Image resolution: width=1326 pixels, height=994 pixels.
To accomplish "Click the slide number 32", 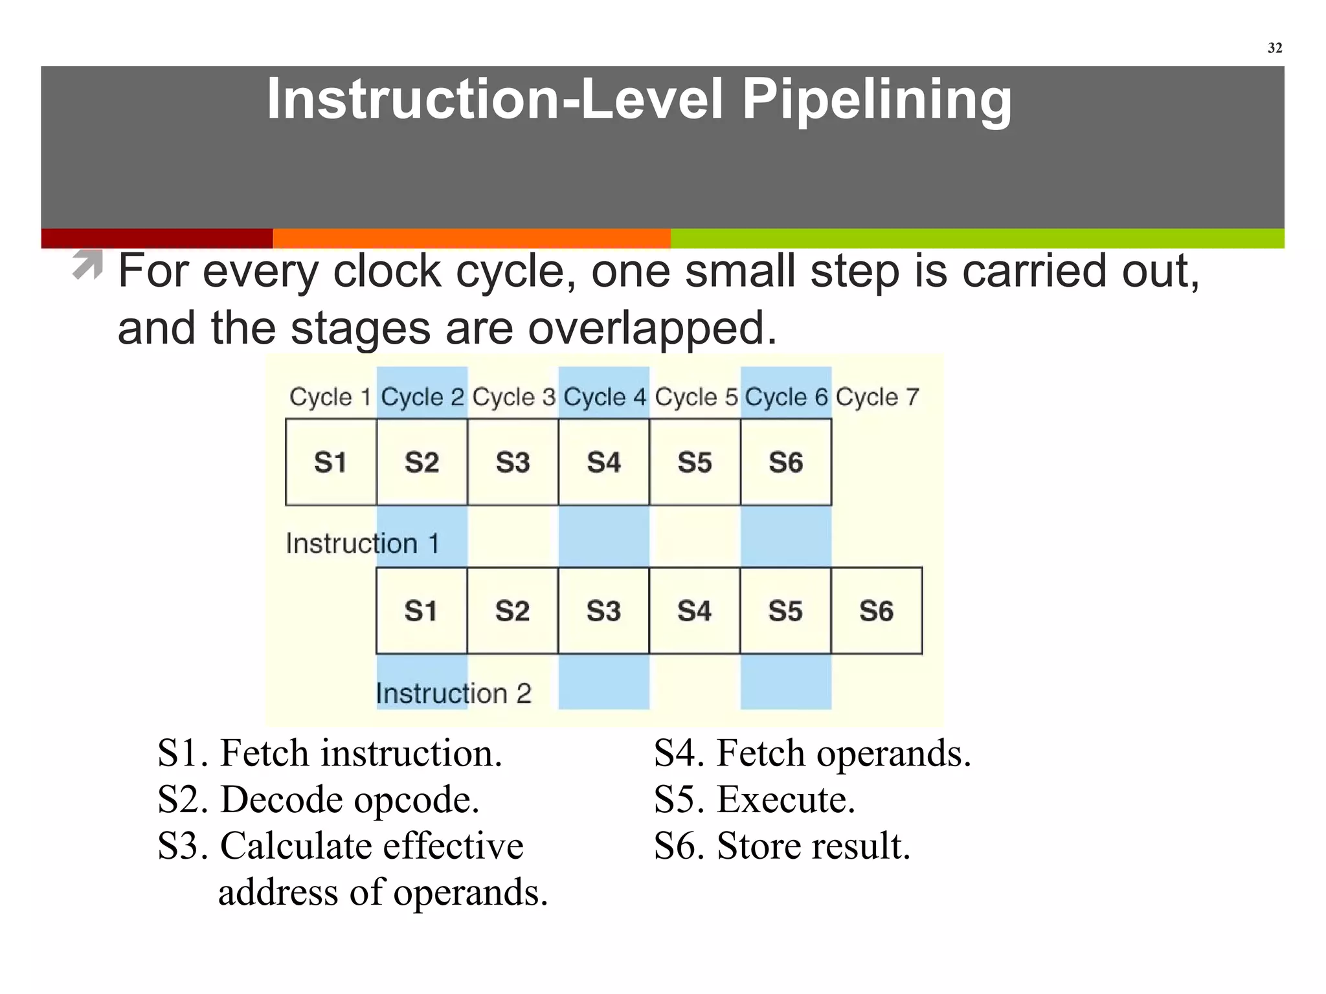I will (x=1274, y=48).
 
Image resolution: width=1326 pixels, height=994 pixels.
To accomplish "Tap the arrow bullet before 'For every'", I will (x=88, y=265).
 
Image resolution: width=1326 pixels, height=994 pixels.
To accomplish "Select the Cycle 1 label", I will (x=330, y=397).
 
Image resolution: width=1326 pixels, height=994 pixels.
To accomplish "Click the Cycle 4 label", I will (x=604, y=397).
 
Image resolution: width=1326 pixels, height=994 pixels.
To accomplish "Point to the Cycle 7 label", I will (x=877, y=397).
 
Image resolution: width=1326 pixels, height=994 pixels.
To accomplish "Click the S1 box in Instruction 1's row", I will (x=331, y=462).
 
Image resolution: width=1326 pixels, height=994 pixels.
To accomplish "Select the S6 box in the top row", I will (x=786, y=462).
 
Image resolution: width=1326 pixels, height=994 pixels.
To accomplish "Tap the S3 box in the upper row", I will (x=513, y=462).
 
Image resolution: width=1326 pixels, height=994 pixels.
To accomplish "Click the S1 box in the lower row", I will (x=421, y=611).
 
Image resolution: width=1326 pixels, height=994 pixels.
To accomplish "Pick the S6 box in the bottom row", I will (x=877, y=611).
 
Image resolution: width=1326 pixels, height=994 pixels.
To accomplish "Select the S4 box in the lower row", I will (x=694, y=611).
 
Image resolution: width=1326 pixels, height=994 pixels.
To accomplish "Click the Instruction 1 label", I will (x=363, y=544).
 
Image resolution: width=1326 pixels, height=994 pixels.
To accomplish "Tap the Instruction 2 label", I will (x=453, y=694).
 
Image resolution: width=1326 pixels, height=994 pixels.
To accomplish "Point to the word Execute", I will (x=785, y=800).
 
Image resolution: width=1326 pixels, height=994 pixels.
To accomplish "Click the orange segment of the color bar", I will (x=471, y=238).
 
